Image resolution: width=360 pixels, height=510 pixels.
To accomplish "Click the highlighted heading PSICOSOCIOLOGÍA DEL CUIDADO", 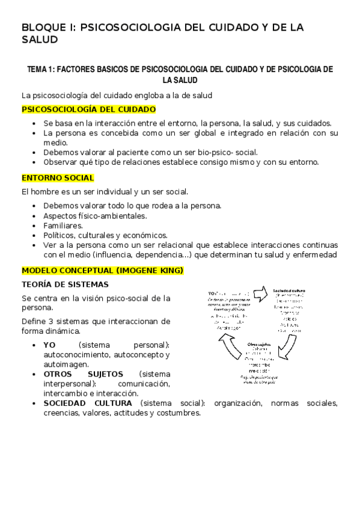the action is tap(88, 109).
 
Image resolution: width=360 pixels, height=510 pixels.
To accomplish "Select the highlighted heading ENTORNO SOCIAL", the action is tap(57, 178).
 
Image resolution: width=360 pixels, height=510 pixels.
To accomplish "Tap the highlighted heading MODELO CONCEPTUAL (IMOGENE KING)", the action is tap(102, 270).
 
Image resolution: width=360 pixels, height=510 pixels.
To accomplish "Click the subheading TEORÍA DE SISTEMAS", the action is tap(64, 284).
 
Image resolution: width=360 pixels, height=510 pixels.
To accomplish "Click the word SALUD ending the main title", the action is tap(40, 40).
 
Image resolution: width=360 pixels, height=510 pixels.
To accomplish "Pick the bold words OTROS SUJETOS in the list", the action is tap(75, 373).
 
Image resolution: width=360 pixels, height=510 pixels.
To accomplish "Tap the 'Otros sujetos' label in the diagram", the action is tap(261, 343).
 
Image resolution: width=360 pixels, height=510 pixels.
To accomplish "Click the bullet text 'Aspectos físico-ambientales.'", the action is tap(95, 215).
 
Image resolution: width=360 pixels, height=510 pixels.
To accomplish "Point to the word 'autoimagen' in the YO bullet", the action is tap(65, 363).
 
